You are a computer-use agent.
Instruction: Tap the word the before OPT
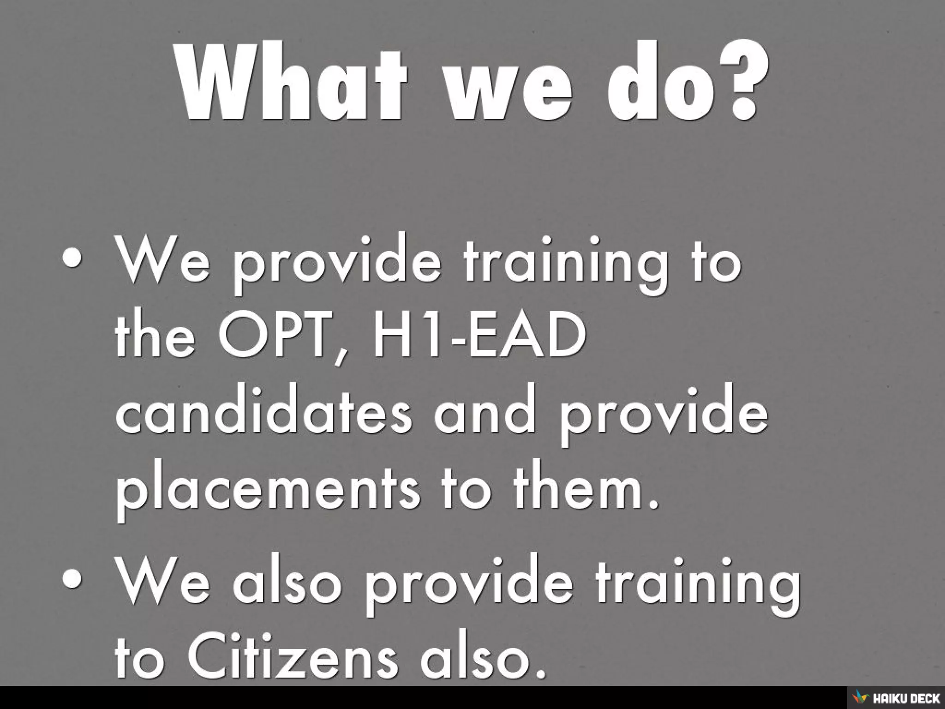coord(155,332)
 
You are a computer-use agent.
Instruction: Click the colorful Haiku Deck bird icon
coord(860,697)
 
